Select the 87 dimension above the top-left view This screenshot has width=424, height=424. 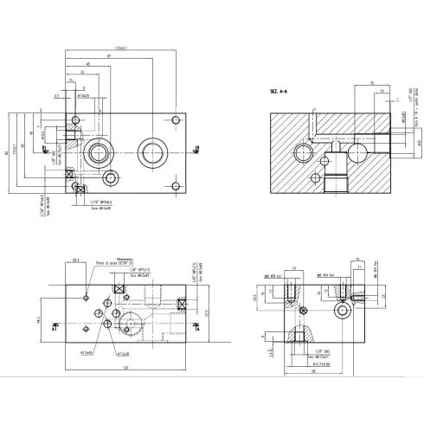109,55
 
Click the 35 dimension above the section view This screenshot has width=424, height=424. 371,83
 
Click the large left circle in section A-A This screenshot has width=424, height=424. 305,153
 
